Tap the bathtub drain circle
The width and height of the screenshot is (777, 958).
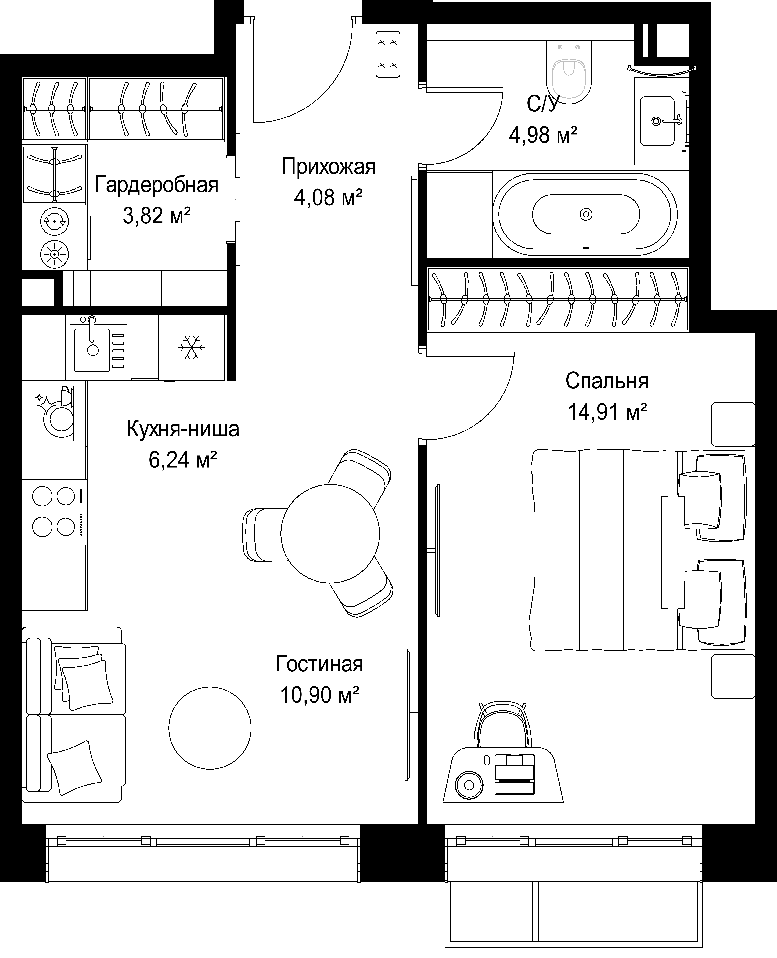[586, 214]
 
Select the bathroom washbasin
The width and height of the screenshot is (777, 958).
[657, 121]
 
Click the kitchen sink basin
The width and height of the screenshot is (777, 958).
[92, 350]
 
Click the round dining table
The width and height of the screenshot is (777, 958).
[330, 533]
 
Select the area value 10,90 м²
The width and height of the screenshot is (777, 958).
[320, 695]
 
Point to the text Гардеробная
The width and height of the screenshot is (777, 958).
[157, 185]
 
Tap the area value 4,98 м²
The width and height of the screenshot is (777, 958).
[543, 134]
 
